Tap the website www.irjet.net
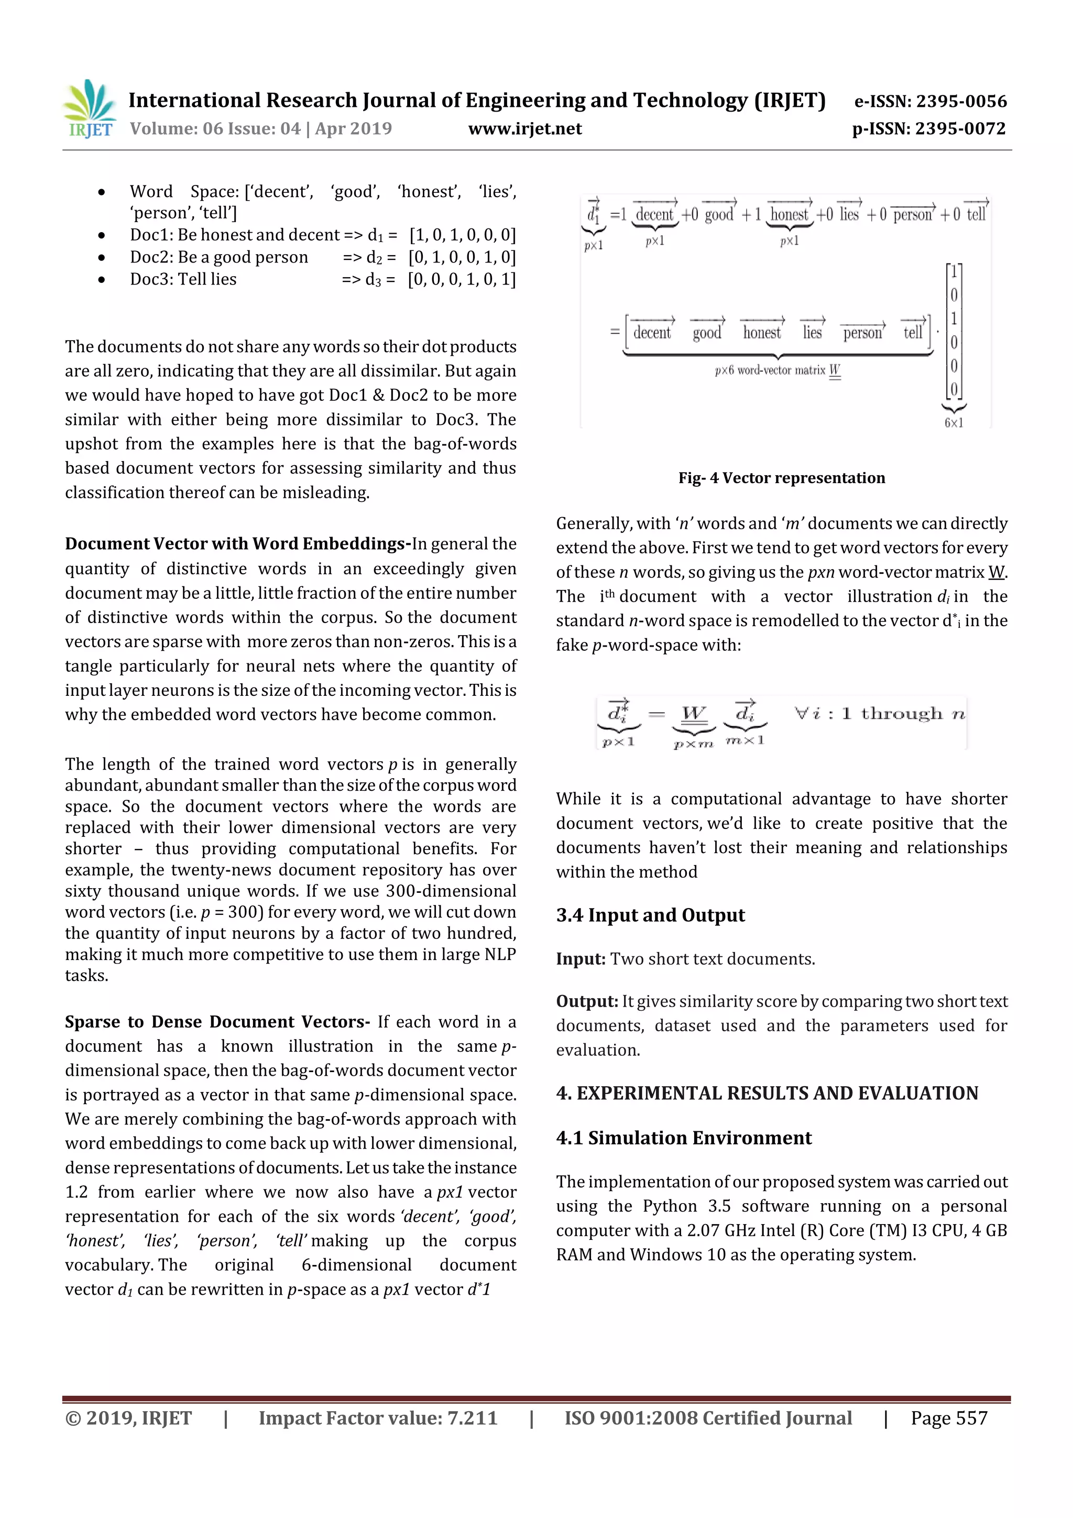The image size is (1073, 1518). [x=525, y=128]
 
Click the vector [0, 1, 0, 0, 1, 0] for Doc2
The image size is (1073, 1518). [x=462, y=257]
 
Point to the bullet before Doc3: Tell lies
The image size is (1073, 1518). [x=101, y=280]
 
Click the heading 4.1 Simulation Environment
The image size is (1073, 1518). [x=684, y=1138]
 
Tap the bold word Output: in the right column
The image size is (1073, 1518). [x=586, y=1002]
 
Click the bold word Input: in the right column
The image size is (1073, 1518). [x=581, y=959]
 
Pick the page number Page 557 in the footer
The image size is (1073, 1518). [x=949, y=1418]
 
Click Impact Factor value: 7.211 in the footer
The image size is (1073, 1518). [x=378, y=1418]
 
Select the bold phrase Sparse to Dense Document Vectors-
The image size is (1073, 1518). [x=217, y=1022]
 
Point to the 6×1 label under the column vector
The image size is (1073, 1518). [x=954, y=423]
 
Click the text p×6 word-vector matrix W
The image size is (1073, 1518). [x=778, y=371]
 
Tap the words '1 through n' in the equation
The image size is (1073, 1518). [x=903, y=713]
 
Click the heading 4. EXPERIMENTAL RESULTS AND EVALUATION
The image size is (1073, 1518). [x=767, y=1093]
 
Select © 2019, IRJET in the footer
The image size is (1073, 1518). [x=128, y=1418]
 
